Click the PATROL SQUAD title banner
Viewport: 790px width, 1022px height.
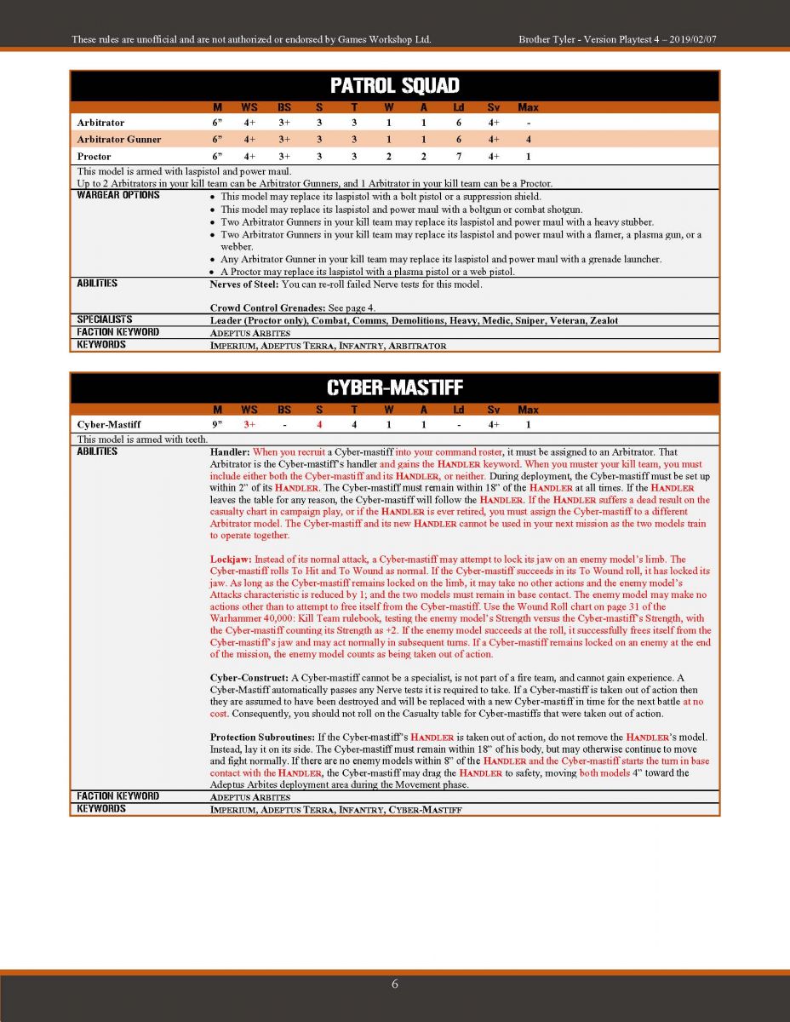394,86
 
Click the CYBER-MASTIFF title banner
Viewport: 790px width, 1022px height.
394,388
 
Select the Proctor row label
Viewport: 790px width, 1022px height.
94,157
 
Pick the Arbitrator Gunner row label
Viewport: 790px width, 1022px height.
118,140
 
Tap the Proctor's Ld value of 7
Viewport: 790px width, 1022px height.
458,157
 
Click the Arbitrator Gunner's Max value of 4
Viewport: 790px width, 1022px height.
528,140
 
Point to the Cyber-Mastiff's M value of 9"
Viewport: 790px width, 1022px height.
217,424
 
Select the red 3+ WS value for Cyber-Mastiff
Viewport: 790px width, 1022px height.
249,424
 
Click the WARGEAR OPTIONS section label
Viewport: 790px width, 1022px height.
117,195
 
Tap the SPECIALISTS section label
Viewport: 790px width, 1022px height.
105,319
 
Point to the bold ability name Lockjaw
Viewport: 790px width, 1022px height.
230,560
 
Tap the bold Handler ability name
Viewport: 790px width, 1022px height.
229,452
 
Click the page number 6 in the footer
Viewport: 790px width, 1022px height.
394,985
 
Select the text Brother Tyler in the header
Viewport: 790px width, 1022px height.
547,40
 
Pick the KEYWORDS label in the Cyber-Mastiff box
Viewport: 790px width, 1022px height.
100,809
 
